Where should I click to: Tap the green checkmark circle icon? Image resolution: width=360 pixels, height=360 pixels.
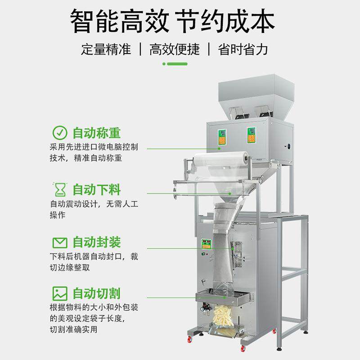[59, 133]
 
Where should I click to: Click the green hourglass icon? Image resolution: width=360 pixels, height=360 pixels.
[59, 188]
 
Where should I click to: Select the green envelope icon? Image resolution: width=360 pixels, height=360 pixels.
[59, 243]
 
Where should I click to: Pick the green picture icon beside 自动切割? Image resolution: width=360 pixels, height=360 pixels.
[59, 293]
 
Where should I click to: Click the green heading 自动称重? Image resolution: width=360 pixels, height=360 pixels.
[96, 133]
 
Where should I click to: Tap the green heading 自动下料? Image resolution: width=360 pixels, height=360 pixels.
[96, 188]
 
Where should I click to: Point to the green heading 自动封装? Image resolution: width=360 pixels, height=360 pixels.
[96, 243]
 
